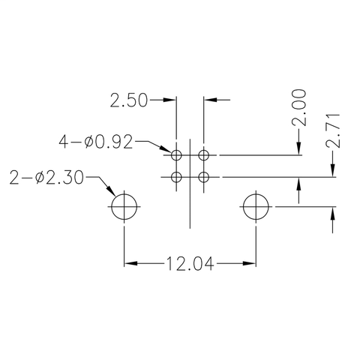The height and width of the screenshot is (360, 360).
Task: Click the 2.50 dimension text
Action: [x=129, y=99]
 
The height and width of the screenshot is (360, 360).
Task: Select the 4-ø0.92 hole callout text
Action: [x=97, y=141]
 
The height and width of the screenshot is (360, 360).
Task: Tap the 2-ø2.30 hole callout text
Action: [x=47, y=178]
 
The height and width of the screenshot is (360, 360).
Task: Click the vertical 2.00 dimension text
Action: [x=299, y=107]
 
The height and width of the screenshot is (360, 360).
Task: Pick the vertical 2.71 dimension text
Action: [x=334, y=130]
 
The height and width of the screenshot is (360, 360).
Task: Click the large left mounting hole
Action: [x=124, y=206]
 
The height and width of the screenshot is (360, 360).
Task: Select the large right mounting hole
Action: [x=256, y=206]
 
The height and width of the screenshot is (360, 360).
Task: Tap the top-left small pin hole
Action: [x=176, y=155]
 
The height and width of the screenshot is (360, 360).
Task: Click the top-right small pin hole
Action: [x=203, y=155]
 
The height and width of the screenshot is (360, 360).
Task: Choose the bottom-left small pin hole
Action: [x=176, y=177]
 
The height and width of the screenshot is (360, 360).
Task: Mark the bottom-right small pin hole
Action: [x=203, y=177]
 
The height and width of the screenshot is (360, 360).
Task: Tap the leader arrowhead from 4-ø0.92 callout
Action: [x=166, y=151]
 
